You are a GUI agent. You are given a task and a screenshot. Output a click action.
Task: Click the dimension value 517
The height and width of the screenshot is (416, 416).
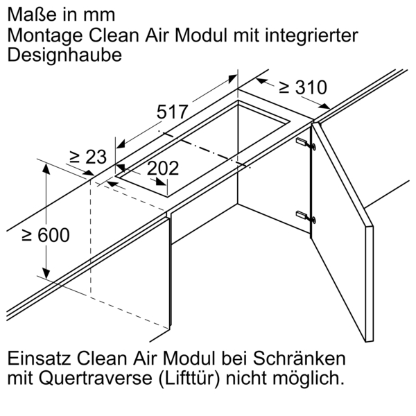tap(173, 112)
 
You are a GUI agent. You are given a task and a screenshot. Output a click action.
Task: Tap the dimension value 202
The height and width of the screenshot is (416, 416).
tap(164, 168)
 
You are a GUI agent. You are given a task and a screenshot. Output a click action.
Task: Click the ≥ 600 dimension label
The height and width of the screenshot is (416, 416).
tap(45, 235)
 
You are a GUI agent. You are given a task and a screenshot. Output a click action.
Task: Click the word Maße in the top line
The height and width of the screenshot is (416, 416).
tap(29, 13)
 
